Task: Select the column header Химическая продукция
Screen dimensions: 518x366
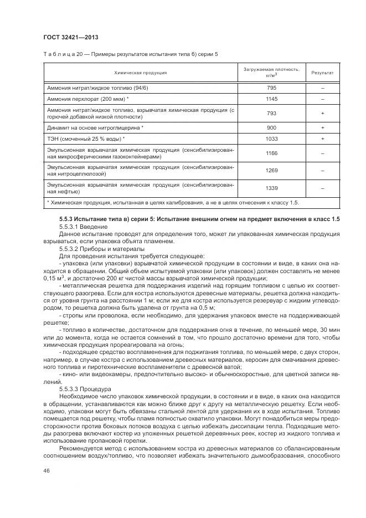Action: (x=141, y=73)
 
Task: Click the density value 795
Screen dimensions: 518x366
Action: (x=271, y=88)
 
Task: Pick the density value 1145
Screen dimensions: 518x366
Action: (x=271, y=99)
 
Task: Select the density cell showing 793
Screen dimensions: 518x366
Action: (x=271, y=113)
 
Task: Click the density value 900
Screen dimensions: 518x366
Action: (x=271, y=127)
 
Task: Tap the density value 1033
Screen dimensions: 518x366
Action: (x=271, y=138)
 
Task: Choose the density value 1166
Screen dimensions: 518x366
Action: (x=271, y=153)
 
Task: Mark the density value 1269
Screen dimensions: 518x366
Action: (x=271, y=171)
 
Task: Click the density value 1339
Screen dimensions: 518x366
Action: (x=271, y=188)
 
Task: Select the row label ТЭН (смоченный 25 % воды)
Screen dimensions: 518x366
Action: (x=86, y=138)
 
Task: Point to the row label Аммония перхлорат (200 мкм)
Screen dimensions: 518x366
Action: (x=88, y=99)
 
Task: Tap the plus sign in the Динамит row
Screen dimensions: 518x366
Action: (x=322, y=127)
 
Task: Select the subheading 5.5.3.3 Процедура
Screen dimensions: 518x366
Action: (x=85, y=389)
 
